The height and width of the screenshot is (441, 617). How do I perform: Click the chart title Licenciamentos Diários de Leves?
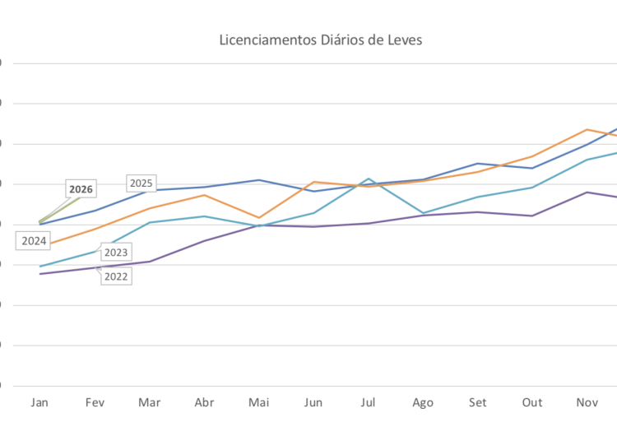pos(320,39)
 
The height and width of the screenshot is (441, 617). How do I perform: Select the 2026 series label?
pos(81,189)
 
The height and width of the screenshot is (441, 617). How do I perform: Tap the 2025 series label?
pos(141,183)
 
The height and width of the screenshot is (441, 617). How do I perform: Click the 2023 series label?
pos(116,253)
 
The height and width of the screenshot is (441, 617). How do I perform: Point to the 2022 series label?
pos(116,276)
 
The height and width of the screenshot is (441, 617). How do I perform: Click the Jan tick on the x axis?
pos(39,402)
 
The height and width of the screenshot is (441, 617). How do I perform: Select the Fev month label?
pos(95,402)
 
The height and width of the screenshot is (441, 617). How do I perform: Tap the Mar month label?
pos(149,402)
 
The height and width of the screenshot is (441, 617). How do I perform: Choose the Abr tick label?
pos(204,402)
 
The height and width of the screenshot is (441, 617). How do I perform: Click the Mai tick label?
pos(258,402)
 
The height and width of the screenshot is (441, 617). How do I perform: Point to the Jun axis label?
pos(313,402)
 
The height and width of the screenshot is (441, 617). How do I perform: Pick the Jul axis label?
pos(368,402)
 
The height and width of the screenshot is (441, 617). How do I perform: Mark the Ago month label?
pos(423,402)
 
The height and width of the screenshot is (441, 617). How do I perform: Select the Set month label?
pos(477,402)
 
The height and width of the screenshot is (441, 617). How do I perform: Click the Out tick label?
pos(532,402)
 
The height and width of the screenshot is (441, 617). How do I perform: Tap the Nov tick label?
pos(587,402)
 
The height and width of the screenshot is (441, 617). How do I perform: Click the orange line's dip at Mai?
pos(258,218)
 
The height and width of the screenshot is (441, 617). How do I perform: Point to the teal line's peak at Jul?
pos(368,179)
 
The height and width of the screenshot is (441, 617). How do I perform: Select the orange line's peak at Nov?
pos(587,129)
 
